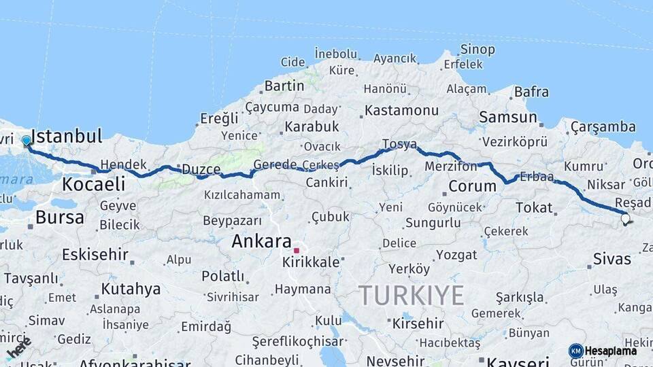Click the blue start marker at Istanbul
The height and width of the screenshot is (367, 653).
27,141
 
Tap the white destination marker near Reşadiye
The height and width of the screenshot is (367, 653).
625,218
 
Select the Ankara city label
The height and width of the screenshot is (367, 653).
261,241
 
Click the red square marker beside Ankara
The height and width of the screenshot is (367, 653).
297,250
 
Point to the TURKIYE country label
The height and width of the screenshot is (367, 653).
411,296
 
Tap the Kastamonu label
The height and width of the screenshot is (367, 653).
401,110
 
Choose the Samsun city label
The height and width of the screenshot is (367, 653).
507,117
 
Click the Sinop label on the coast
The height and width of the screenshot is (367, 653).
478,49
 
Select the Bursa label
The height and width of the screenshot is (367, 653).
60,217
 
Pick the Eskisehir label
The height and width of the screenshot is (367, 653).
95,255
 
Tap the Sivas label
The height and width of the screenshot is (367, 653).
612,258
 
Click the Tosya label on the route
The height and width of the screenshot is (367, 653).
399,144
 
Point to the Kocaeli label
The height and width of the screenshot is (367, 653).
94,183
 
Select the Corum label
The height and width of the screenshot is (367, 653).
473,186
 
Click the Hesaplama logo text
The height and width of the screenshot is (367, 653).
611,351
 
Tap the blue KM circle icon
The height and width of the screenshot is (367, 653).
575,351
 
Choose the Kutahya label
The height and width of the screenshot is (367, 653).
131,289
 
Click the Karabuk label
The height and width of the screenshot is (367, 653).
312,126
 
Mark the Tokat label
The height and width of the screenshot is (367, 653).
534,207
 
